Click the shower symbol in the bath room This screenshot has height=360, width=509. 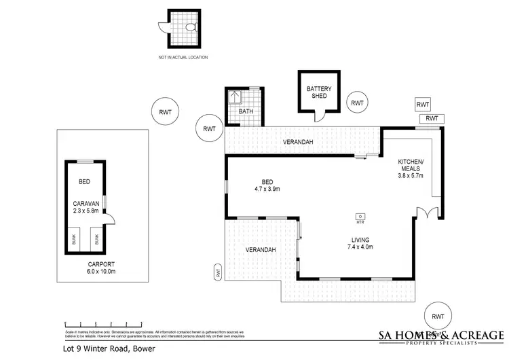point(235,96)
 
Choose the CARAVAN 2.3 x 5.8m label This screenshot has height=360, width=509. point(86,207)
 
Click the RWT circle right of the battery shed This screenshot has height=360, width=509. point(357,103)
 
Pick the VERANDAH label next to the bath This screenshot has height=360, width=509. point(298,142)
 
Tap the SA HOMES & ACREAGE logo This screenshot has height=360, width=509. point(440,337)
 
